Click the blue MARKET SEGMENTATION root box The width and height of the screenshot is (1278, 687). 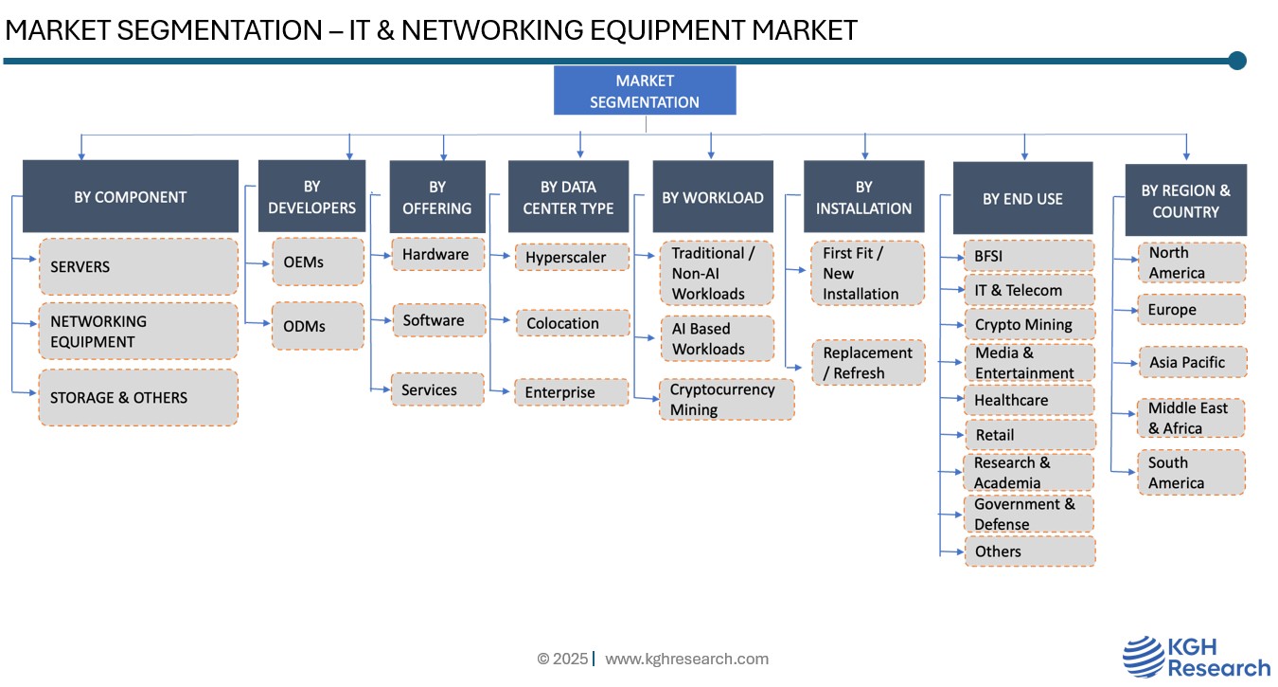point(644,91)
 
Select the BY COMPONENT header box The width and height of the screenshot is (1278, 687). point(131,197)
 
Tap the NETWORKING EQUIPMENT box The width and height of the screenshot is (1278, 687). point(138,332)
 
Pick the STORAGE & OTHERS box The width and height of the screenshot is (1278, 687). point(138,398)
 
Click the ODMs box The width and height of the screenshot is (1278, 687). point(317,326)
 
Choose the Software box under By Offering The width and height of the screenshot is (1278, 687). point(437,320)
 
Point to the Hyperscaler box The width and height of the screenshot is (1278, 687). point(572,257)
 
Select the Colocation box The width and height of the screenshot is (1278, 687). point(572,323)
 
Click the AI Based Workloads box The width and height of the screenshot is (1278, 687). point(717,338)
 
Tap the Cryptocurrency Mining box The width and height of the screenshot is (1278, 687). point(726,400)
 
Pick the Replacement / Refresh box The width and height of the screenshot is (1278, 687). point(867,363)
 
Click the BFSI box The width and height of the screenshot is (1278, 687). point(1028,256)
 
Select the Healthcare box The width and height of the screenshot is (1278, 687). point(1028,400)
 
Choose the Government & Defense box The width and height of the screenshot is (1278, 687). point(1028,514)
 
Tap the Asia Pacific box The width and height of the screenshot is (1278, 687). point(1192,362)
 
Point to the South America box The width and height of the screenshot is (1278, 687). point(1191,473)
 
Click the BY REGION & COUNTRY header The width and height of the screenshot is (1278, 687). point(1185,200)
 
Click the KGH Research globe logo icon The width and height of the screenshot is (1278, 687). point(1144,657)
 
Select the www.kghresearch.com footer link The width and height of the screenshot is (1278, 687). point(686,659)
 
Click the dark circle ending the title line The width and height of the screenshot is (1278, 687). point(1236,61)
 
